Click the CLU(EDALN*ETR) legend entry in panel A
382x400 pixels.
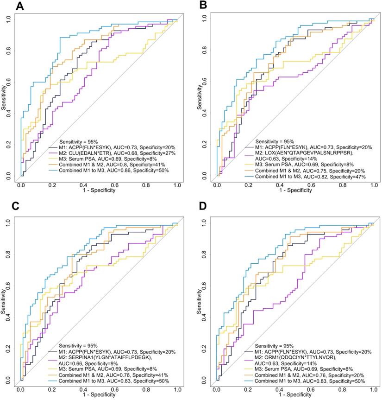(x=116, y=152)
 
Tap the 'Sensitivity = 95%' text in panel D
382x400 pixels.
(x=275, y=346)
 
